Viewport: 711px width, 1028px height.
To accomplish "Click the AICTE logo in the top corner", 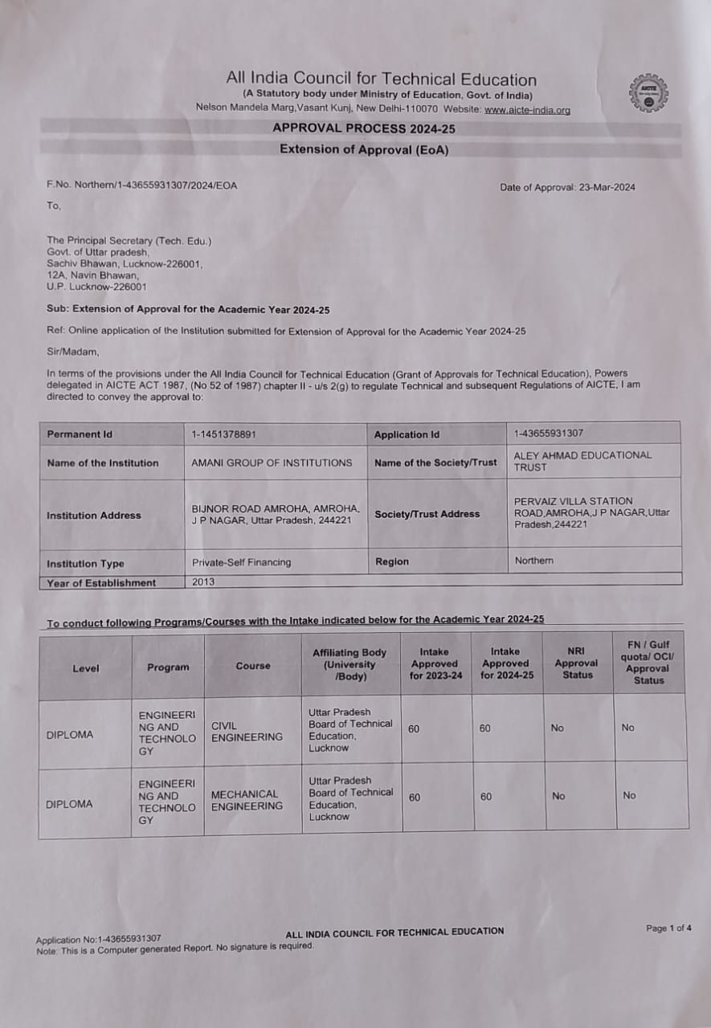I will (x=649, y=94).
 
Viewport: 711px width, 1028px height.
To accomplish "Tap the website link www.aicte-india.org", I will (x=527, y=110).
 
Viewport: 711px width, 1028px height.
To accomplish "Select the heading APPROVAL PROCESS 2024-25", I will (x=364, y=128).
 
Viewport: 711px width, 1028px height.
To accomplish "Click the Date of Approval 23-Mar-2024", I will (x=567, y=187).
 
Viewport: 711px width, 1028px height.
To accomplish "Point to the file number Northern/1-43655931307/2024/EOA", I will (x=142, y=185).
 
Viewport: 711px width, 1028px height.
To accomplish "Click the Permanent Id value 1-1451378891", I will (x=224, y=434).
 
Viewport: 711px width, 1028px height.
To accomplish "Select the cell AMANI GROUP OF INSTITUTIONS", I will (x=272, y=463).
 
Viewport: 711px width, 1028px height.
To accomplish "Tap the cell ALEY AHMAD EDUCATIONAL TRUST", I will (x=582, y=461).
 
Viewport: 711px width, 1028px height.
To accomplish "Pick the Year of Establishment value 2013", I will (x=203, y=581).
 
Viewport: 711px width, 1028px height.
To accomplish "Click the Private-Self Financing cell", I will (x=241, y=562).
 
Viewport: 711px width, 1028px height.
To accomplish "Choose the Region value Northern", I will (x=533, y=561).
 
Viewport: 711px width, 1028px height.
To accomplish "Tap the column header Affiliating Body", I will (x=349, y=665).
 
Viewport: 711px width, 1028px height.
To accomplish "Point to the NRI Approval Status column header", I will (x=576, y=663).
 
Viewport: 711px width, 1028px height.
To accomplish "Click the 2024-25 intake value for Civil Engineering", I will (x=485, y=728).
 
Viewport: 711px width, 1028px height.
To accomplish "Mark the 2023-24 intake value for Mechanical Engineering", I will (x=415, y=798).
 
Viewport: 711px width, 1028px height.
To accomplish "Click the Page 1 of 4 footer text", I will (x=668, y=928).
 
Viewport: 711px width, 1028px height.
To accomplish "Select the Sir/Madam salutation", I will (x=73, y=351).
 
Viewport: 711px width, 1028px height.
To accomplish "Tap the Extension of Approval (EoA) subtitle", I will (x=364, y=149).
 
